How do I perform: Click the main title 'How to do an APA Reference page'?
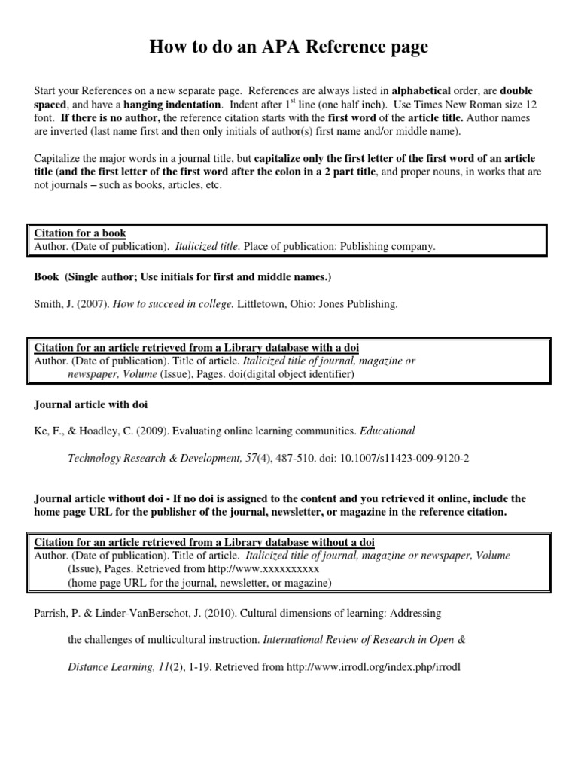(x=289, y=47)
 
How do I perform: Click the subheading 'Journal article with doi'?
(x=91, y=404)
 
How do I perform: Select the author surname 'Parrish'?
(x=51, y=613)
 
